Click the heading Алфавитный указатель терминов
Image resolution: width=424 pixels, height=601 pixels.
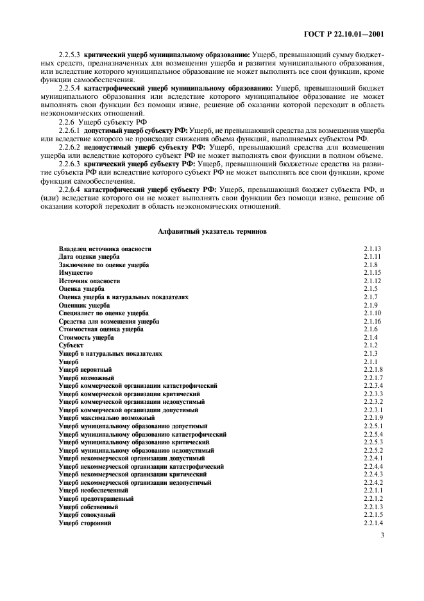pos(212,231)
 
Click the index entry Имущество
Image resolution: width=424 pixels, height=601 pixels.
pos(76,273)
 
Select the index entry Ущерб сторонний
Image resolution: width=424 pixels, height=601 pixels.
pos(85,523)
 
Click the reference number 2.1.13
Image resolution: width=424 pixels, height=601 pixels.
pos(372,248)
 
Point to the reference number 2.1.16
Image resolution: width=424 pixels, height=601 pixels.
pos(372,321)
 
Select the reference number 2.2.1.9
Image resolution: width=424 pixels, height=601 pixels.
pos(373,418)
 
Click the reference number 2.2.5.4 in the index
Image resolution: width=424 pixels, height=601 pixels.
pos(373,435)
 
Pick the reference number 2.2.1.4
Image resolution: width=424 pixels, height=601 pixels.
pos(373,523)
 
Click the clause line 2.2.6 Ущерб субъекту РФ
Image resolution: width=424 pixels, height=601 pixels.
pos(93,121)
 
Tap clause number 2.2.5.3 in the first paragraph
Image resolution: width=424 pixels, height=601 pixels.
pos(69,55)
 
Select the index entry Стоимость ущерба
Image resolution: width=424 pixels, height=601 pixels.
pos(86,337)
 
